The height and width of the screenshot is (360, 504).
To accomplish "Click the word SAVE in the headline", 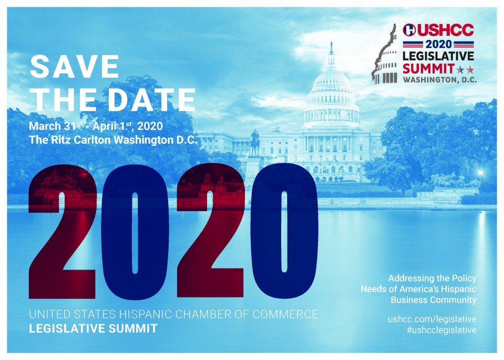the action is [x=75, y=67].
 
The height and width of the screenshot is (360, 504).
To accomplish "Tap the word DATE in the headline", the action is [x=151, y=100].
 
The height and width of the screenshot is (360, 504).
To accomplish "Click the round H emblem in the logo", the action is [x=409, y=30].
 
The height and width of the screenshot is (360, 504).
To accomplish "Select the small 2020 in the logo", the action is [x=438, y=44].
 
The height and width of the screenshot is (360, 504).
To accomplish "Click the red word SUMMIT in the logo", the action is [x=428, y=68].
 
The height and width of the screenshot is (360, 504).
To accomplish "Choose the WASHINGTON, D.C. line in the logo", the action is [x=440, y=79].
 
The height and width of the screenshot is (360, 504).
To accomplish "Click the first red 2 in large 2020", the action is [x=63, y=231].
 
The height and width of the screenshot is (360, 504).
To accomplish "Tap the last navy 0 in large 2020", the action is [x=284, y=231].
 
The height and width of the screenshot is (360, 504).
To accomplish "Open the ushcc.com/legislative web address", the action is [x=432, y=319].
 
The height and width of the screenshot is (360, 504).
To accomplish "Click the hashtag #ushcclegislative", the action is [x=441, y=330].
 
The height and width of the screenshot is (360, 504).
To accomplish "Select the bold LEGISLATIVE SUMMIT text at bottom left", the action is [x=93, y=328].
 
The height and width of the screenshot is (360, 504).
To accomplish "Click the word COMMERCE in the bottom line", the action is [x=285, y=314].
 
